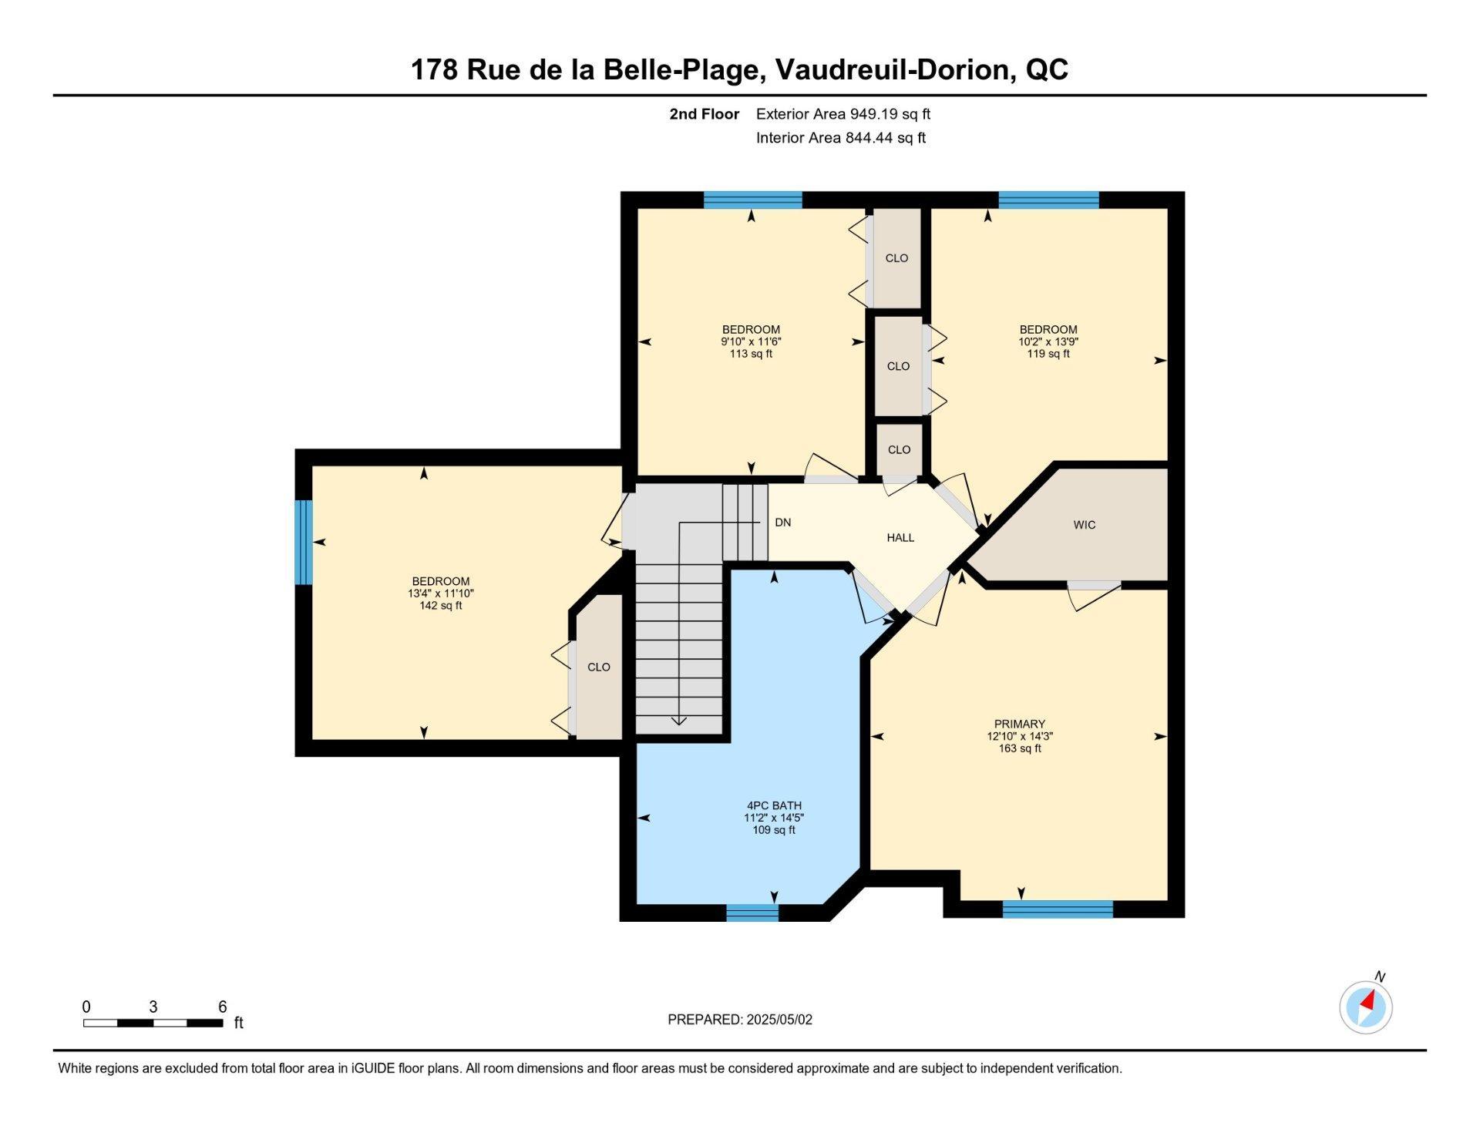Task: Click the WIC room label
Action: coord(1084,525)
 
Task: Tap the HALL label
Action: coord(900,537)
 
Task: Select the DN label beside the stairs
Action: coord(783,522)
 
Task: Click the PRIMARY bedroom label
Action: coord(1020,724)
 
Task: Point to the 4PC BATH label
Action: coord(774,805)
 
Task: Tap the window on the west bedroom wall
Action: coord(304,543)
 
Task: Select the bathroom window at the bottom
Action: coord(752,913)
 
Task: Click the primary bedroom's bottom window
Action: coord(1058,909)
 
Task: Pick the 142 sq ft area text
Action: coord(440,606)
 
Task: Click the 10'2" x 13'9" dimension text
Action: coord(1048,341)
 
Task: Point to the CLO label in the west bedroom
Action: coord(599,667)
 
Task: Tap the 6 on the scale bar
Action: coord(222,1007)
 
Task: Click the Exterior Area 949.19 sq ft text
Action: coord(843,114)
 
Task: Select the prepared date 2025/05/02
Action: coord(779,1020)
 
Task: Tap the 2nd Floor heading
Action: coord(704,114)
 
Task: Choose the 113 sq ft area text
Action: coord(751,354)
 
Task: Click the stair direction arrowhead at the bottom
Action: coord(678,721)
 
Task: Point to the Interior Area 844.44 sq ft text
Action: coord(841,138)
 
